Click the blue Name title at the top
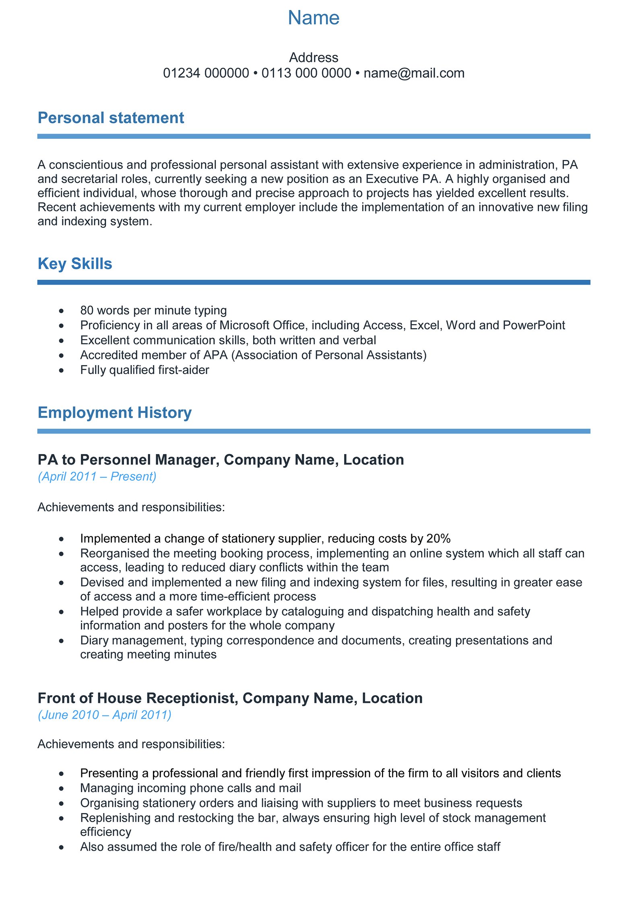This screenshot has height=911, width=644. pyautogui.click(x=314, y=18)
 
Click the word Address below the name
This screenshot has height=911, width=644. pyautogui.click(x=314, y=58)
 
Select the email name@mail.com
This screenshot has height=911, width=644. pyautogui.click(x=414, y=73)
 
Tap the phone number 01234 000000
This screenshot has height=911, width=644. pyautogui.click(x=206, y=73)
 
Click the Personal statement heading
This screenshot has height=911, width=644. pyautogui.click(x=111, y=118)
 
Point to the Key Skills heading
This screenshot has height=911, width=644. pyautogui.click(x=75, y=264)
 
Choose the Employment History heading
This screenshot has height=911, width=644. pyautogui.click(x=115, y=413)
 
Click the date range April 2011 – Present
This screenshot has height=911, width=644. pyautogui.click(x=97, y=476)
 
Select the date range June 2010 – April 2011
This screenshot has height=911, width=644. pyautogui.click(x=105, y=715)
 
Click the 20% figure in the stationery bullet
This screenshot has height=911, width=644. pyautogui.click(x=438, y=539)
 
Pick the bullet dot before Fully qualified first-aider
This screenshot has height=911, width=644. pyautogui.click(x=61, y=370)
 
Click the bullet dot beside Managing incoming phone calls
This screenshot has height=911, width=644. pyautogui.click(x=61, y=788)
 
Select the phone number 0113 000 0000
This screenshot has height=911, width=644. pyautogui.click(x=306, y=73)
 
